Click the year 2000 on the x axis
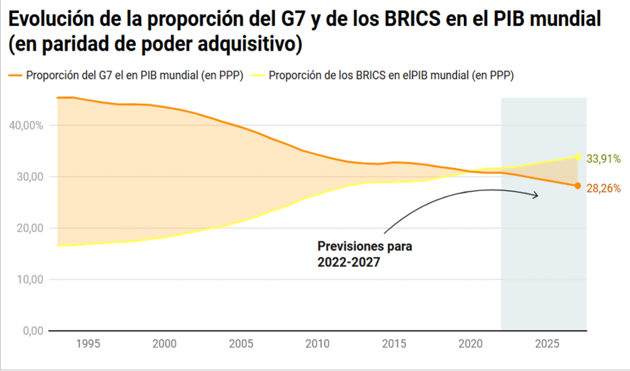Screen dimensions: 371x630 pyautogui.click(x=164, y=344)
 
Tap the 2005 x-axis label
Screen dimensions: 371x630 pyautogui.click(x=240, y=344)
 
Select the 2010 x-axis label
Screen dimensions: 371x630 pyautogui.click(x=317, y=344)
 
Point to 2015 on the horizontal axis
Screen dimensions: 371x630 pyautogui.click(x=394, y=344)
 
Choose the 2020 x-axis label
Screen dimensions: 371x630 pyautogui.click(x=470, y=344)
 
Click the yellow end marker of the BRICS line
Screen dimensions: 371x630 pyautogui.click(x=578, y=157)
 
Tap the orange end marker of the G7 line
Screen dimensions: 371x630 pyautogui.click(x=578, y=186)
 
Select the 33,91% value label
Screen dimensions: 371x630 pyautogui.click(x=603, y=159)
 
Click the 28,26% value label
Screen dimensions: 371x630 pyautogui.click(x=603, y=188)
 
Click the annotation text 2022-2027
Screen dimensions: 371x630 pyautogui.click(x=348, y=263)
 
